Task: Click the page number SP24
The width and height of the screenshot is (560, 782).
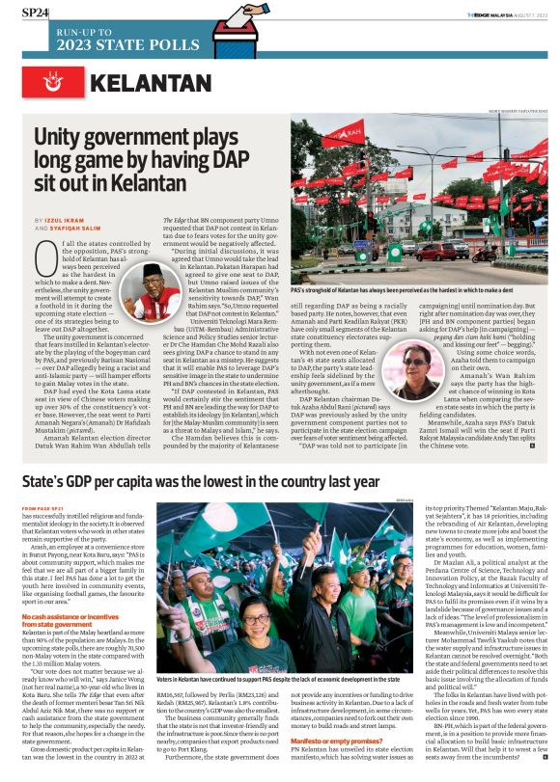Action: tap(36, 13)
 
